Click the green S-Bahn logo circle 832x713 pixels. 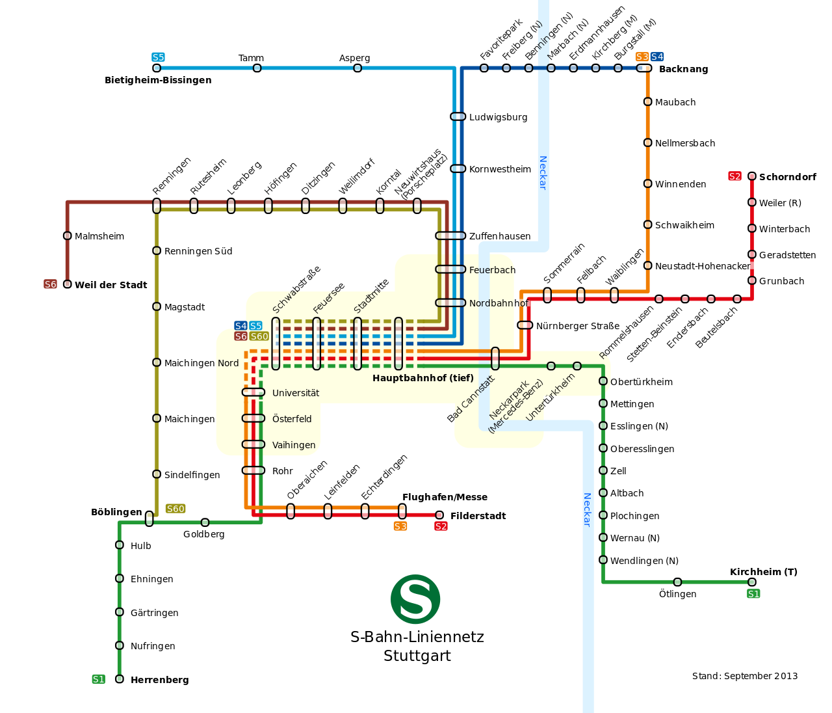(x=415, y=599)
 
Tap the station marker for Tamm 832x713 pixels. (x=257, y=68)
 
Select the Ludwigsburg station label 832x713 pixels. (x=498, y=117)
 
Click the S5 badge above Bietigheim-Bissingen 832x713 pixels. (x=158, y=57)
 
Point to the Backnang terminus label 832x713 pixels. (x=683, y=69)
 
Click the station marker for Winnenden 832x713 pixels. (x=647, y=183)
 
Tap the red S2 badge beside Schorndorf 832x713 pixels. (x=734, y=176)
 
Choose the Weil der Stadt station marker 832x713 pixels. (x=67, y=284)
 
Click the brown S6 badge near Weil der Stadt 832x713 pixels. (x=50, y=284)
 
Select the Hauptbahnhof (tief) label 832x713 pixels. (x=422, y=378)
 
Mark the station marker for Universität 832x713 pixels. (x=253, y=392)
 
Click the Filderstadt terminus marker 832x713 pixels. (x=439, y=515)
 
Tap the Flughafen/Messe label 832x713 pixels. (x=445, y=496)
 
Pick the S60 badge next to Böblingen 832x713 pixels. (x=175, y=509)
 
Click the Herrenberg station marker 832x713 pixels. (x=119, y=679)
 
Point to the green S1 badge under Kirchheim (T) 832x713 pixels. (x=753, y=593)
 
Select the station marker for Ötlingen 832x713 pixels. (x=677, y=582)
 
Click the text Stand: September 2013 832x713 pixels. (x=745, y=675)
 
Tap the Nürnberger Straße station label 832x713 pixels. (x=577, y=326)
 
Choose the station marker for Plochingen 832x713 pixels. (x=603, y=515)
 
